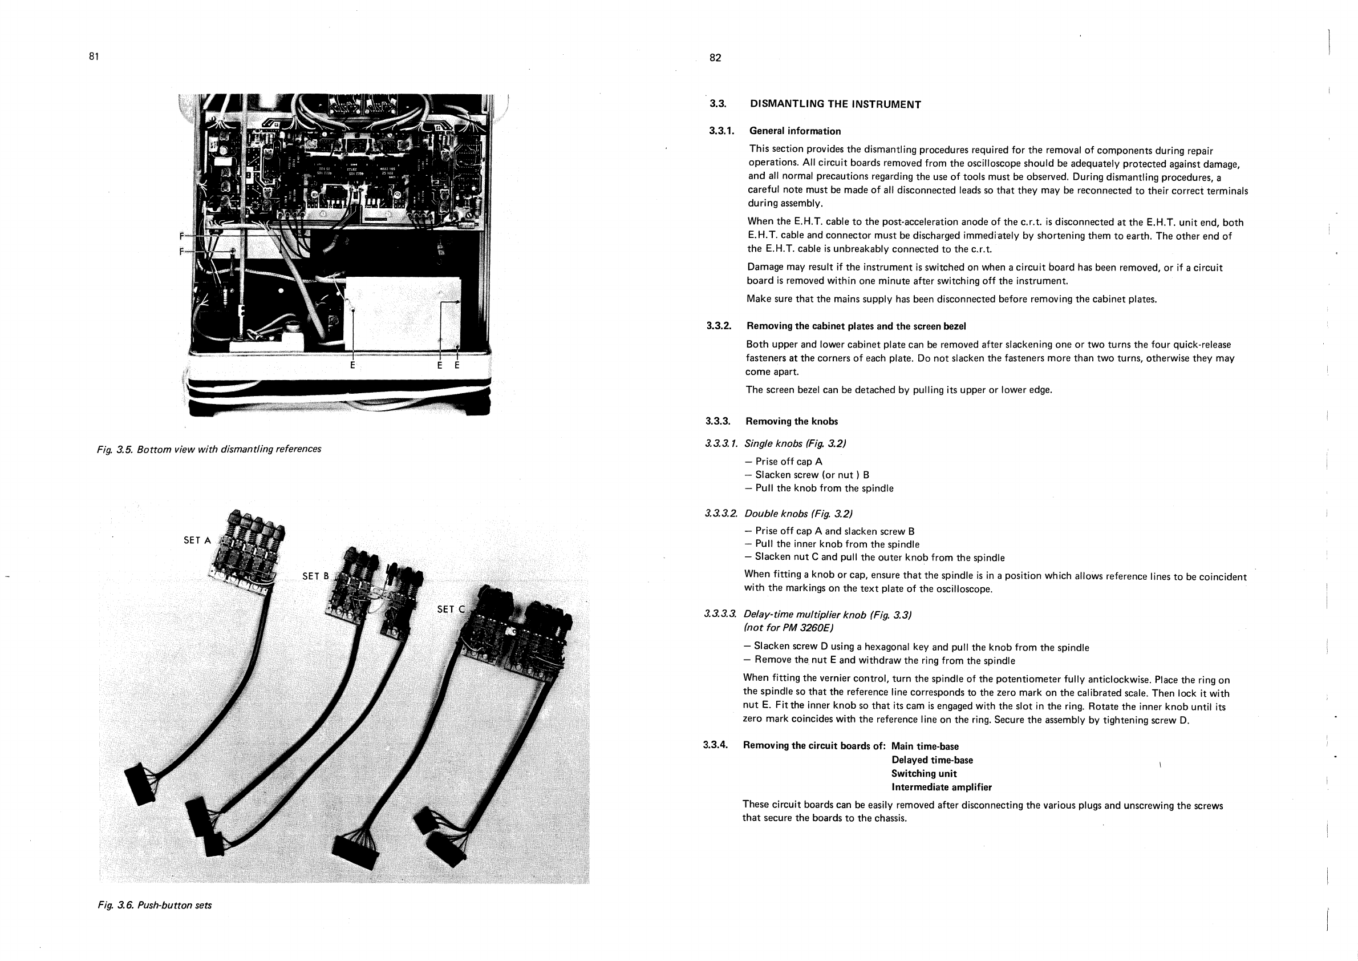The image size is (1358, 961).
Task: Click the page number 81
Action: tap(94, 57)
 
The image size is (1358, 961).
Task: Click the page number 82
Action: tap(715, 58)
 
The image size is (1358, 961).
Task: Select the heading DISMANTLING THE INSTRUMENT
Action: tap(835, 105)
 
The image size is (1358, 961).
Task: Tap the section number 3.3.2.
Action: tap(719, 326)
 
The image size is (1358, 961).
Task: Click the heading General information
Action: tap(795, 131)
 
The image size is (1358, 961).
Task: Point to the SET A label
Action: tap(197, 540)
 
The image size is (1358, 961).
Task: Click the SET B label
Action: tap(315, 576)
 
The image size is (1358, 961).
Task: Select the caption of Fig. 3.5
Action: tap(209, 449)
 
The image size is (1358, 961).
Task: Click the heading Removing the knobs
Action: tap(792, 422)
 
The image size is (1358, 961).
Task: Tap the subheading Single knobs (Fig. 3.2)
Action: tap(795, 444)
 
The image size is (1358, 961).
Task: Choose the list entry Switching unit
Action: tap(924, 774)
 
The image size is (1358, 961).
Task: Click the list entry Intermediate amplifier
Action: tap(941, 788)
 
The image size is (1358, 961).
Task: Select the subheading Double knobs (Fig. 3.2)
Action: tap(798, 514)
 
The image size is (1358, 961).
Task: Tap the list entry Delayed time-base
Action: tap(931, 760)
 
